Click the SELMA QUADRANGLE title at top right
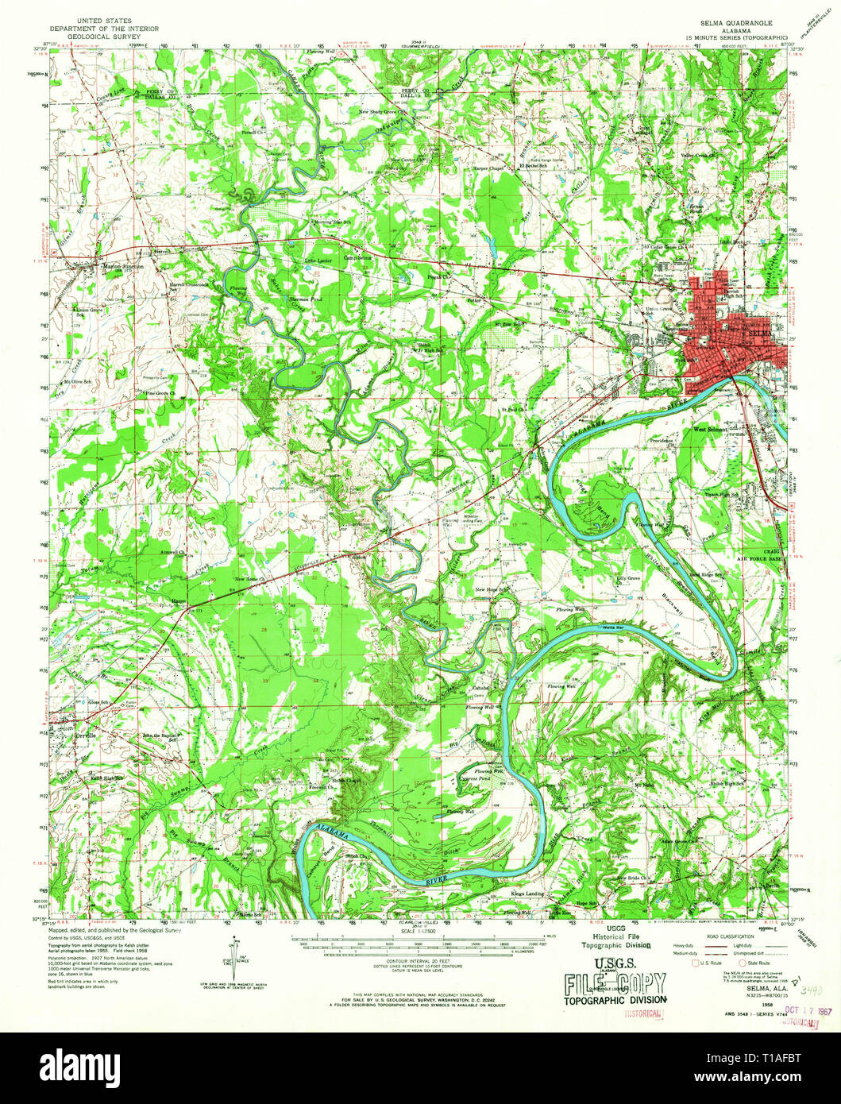730,24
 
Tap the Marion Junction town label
122,267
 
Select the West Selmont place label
709,430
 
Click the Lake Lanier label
319,260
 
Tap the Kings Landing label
527,894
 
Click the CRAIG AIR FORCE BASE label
760,554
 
